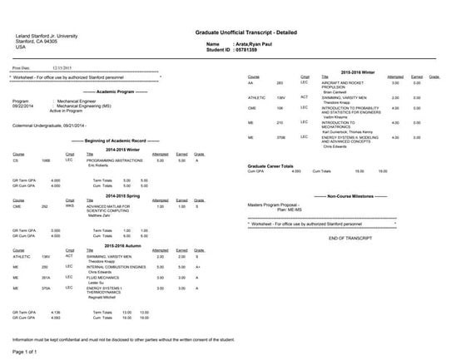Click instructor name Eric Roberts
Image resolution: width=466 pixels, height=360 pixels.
click(100, 166)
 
